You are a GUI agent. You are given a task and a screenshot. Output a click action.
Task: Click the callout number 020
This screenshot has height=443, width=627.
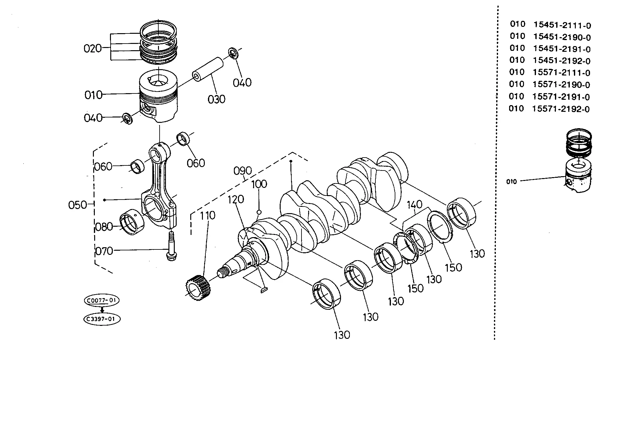pos(93,49)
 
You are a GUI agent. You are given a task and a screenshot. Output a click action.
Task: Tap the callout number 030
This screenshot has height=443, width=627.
pos(216,99)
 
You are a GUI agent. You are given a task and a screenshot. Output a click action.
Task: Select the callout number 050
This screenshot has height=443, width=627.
pos(77,205)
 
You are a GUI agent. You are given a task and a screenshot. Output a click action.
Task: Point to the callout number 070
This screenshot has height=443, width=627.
pos(104,251)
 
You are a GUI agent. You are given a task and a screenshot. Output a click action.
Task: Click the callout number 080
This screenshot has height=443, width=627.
pos(104,227)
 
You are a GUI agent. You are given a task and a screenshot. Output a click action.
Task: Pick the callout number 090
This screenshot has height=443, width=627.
pos(243,171)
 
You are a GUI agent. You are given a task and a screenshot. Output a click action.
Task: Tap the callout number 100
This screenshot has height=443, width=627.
pos(259,184)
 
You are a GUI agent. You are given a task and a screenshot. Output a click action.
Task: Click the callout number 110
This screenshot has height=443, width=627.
pos(208,216)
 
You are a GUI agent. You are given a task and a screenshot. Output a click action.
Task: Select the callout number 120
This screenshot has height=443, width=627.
pos(236,200)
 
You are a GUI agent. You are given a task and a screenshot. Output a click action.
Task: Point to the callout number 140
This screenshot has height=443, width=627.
pos(415,205)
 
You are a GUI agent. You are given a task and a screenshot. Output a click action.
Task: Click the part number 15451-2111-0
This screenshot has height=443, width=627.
pos(562,25)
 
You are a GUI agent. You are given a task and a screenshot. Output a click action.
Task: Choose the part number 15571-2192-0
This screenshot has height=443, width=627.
pos(561,109)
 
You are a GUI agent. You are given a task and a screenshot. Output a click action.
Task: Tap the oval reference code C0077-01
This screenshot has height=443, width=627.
pos(102,301)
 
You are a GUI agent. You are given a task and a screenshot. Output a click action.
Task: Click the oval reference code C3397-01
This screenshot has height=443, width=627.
pos(102,319)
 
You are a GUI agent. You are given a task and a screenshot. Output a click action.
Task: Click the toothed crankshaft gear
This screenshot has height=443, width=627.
pos(198,288)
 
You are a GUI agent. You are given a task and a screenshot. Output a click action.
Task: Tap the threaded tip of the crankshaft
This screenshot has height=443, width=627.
pos(224,272)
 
